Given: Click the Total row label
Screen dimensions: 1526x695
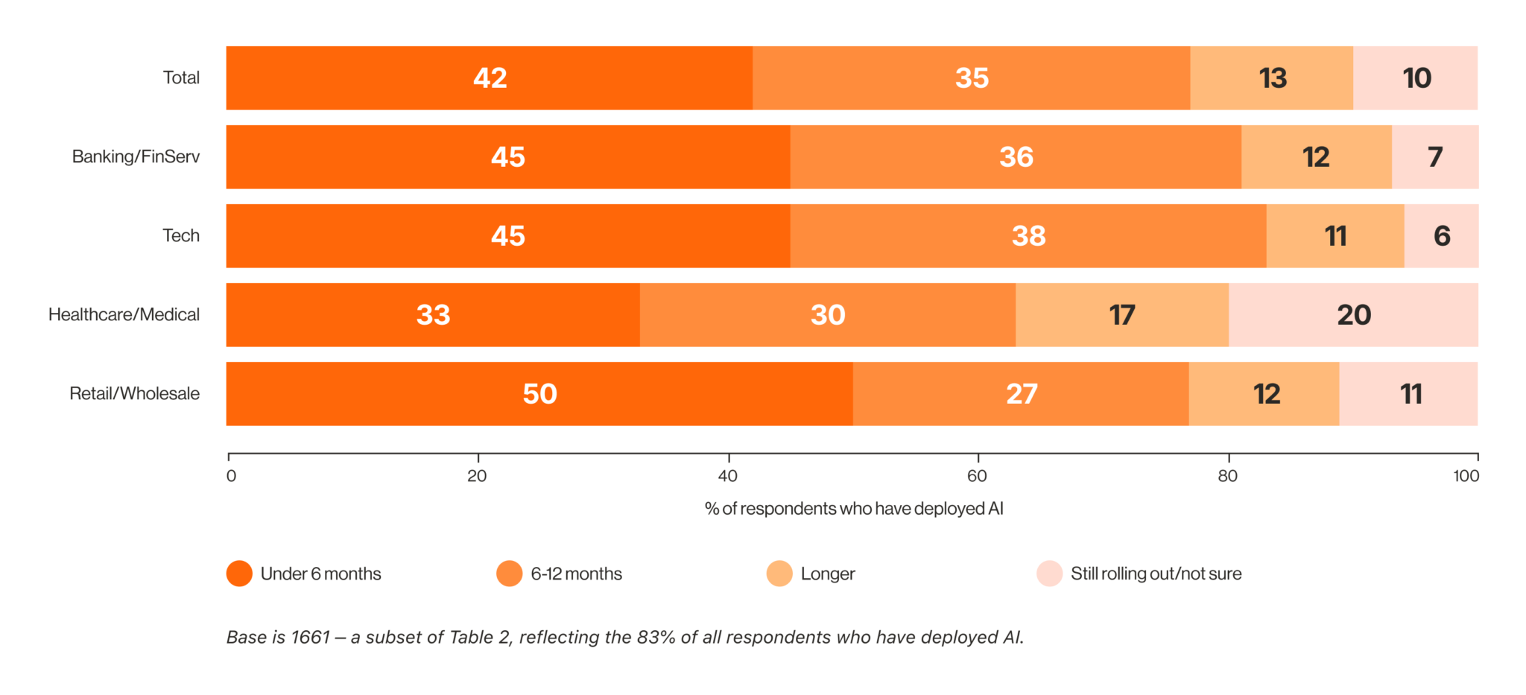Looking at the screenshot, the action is coord(181,78).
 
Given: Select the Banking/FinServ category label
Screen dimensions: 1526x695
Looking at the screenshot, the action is coord(136,157).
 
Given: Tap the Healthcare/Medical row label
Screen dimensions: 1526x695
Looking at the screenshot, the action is coord(124,315).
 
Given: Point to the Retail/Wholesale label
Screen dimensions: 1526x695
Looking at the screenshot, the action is coord(134,394).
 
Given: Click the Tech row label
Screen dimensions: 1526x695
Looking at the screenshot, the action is coord(181,236).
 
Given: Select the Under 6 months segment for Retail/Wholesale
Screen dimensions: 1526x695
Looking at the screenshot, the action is coord(539,394).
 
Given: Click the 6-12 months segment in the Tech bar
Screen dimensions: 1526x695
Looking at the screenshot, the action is coord(1028,236).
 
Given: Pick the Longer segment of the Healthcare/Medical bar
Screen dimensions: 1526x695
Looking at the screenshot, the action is coord(1122,315).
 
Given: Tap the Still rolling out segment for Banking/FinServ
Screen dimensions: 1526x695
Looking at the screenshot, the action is coord(1435,157).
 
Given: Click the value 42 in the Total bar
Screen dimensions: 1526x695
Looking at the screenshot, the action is coord(490,78).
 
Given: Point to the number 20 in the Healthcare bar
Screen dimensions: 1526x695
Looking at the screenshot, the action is coord(1354,315).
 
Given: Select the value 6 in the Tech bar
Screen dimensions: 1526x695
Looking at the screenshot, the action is coord(1442,236).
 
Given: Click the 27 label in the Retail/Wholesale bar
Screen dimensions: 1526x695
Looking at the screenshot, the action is coord(1022,394).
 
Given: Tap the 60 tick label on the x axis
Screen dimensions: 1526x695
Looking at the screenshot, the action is coord(977,476).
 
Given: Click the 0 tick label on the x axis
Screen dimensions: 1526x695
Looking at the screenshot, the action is coord(231,476).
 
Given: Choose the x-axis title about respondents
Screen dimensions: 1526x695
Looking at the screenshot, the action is coord(854,509).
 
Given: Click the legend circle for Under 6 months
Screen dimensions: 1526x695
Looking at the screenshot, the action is coord(239,574).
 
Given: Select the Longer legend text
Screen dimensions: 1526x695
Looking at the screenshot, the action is coord(828,574).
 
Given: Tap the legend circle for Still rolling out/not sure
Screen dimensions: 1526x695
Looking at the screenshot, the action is coord(1049,574).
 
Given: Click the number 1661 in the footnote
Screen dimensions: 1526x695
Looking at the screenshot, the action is coord(310,638).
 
